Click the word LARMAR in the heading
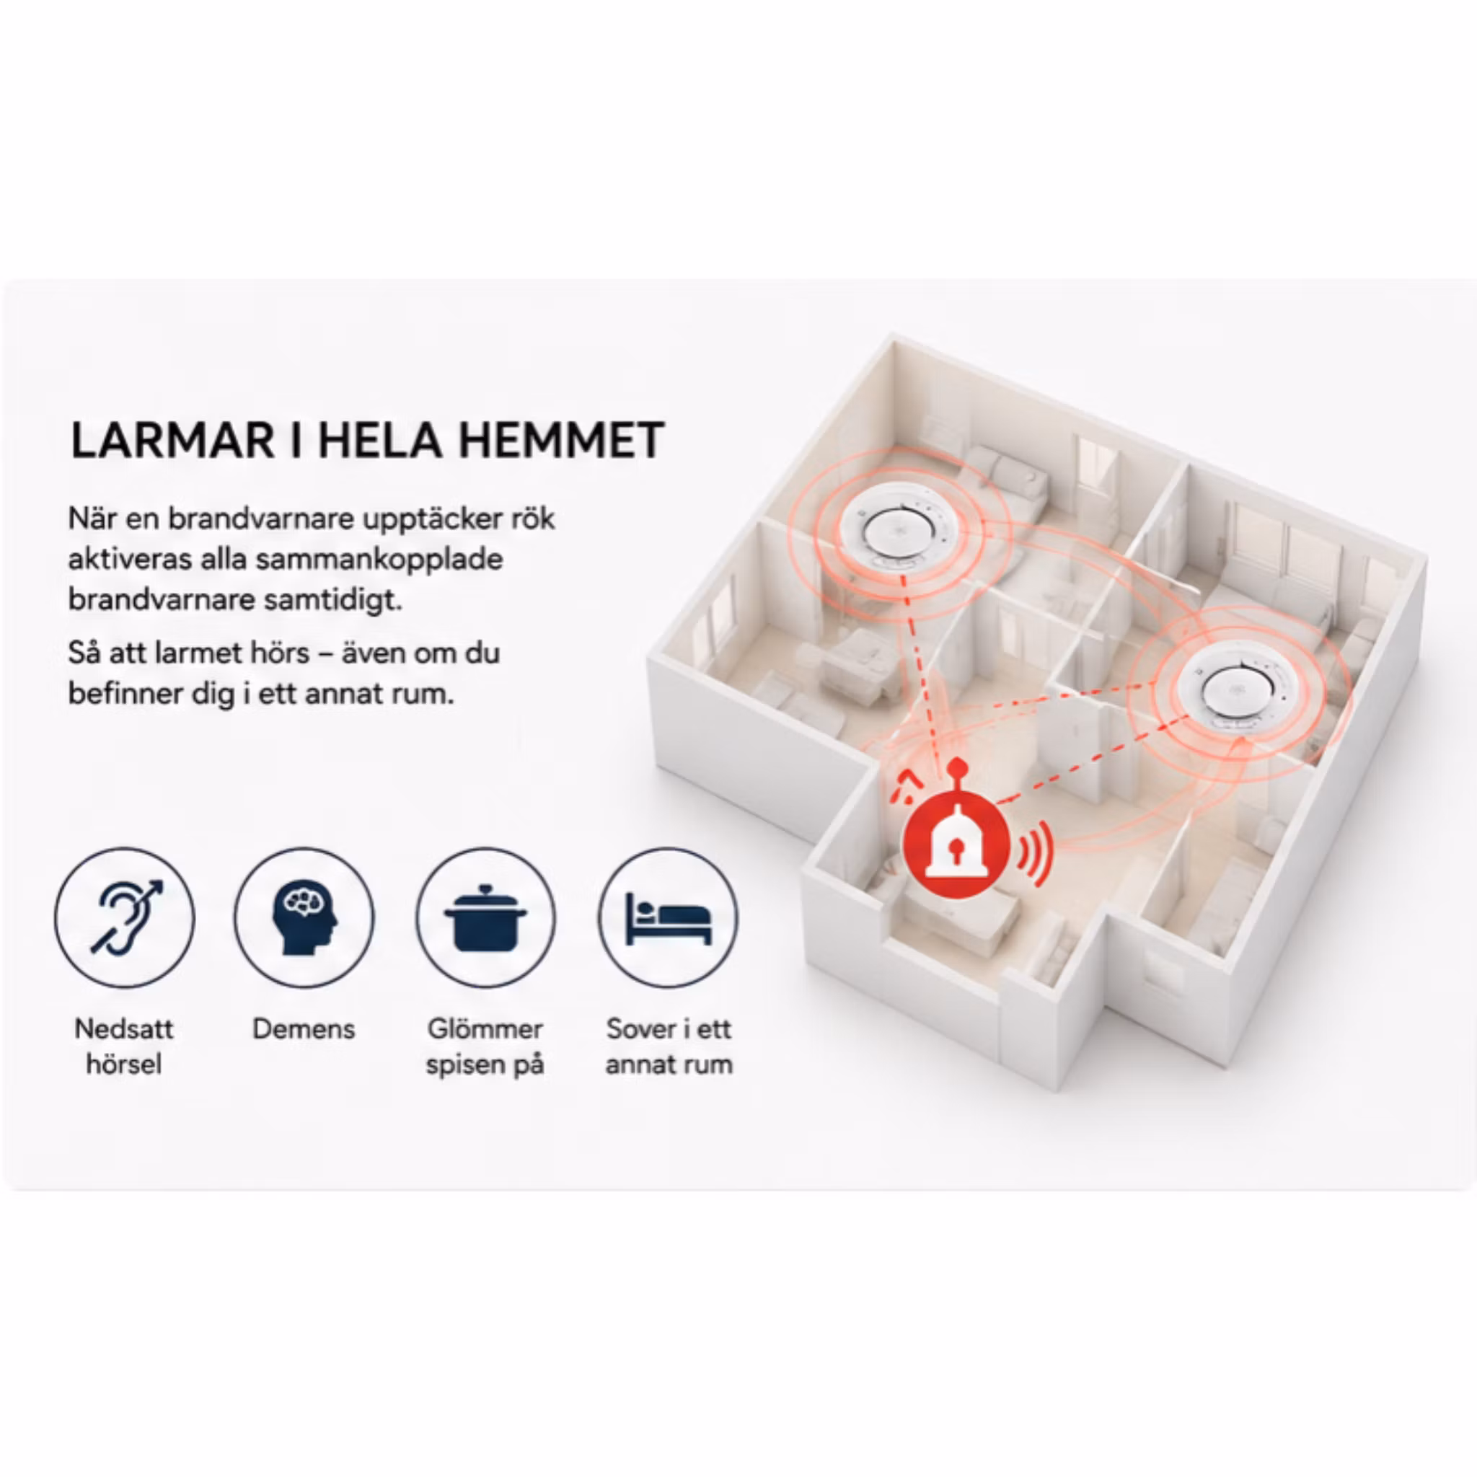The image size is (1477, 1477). (x=173, y=441)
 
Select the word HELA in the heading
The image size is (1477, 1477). (x=379, y=441)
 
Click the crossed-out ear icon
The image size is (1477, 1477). (x=125, y=917)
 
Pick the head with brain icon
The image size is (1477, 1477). (x=304, y=917)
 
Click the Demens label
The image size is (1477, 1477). (x=304, y=1029)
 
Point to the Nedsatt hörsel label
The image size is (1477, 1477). (x=124, y=1046)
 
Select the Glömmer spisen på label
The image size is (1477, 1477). (x=485, y=1046)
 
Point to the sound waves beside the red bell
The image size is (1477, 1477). (x=1035, y=851)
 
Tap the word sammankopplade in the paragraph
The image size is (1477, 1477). (x=379, y=560)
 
